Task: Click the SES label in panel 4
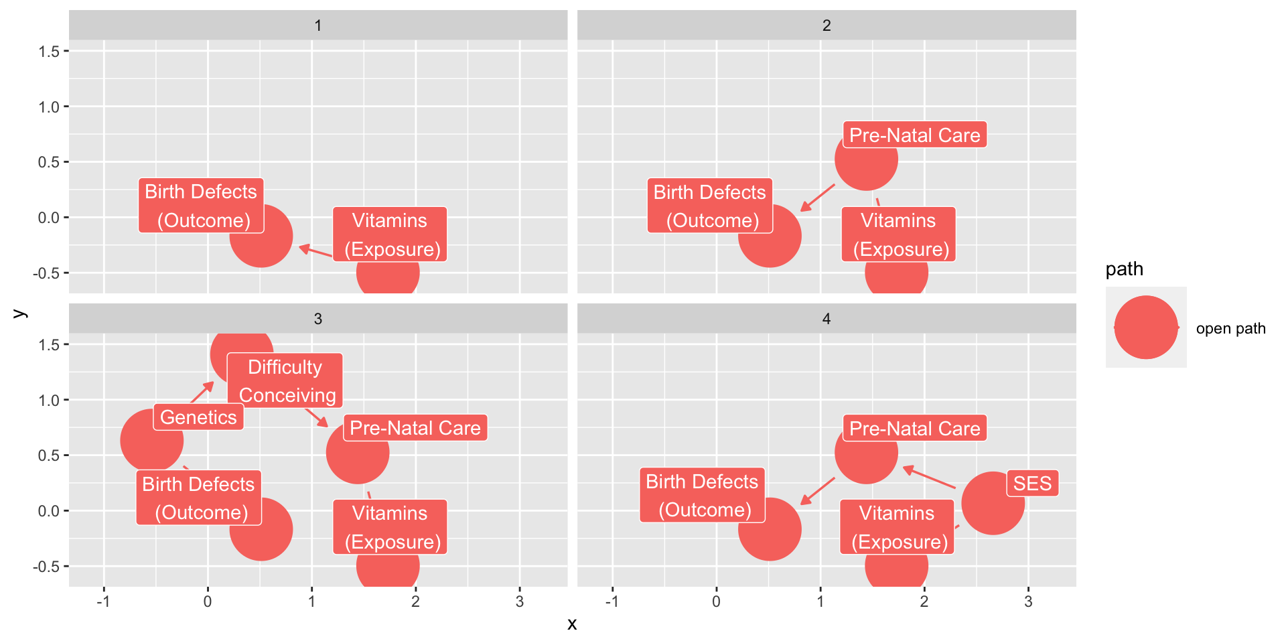coord(1032,483)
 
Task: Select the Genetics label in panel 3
coord(198,417)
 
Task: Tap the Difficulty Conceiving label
coord(285,380)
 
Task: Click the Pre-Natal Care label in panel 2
coord(914,135)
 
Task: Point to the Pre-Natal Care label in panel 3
coord(415,428)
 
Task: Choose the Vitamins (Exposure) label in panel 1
coord(390,234)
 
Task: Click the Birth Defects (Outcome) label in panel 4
coord(702,495)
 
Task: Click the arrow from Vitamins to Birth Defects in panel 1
coord(315,251)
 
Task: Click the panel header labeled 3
coord(318,319)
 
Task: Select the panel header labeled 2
coord(827,25)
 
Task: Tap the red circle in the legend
coord(1146,328)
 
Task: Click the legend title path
coord(1124,269)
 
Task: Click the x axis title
coord(572,624)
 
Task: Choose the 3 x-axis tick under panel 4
coord(1028,601)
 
